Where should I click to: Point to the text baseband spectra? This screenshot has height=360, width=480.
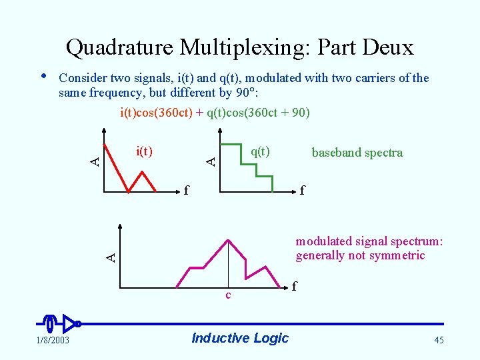point(357,153)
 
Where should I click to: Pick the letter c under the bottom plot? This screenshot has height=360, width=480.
point(228,295)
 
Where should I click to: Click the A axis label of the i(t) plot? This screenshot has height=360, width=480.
point(95,161)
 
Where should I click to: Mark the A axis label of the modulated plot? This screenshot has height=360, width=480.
point(113,255)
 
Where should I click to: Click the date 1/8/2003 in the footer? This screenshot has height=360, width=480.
point(51,341)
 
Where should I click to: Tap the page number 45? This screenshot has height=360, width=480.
point(439,341)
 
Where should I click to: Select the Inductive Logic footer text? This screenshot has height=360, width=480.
point(240,338)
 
